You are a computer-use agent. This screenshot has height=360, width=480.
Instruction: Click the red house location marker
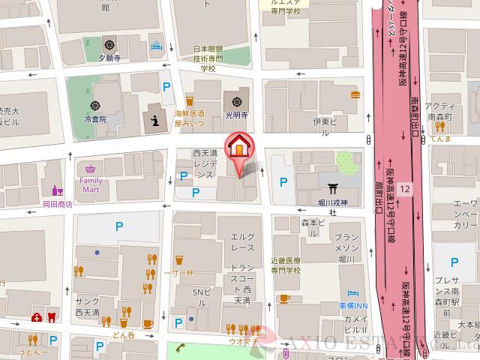point(239,146)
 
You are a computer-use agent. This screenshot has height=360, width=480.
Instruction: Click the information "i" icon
point(156,119)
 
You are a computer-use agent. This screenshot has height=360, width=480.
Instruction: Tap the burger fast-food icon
point(355,94)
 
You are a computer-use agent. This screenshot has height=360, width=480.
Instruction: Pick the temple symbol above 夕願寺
point(110,43)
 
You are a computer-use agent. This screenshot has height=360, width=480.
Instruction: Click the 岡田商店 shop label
point(58,203)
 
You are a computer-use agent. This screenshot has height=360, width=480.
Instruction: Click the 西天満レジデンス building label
point(204,163)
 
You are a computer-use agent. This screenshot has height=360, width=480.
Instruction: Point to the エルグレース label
point(242,241)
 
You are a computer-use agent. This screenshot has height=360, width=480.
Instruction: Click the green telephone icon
point(181,347)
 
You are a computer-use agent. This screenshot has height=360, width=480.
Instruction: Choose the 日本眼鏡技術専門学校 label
point(205,55)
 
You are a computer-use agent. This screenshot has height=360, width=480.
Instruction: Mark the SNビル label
point(199,292)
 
